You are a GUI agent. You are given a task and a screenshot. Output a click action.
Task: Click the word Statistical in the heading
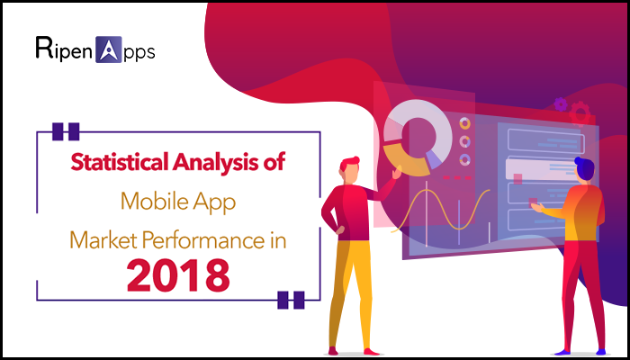(121, 166)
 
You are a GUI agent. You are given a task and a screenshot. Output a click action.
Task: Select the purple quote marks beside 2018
(290, 300)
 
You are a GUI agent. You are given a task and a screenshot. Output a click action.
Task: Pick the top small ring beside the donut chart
(464, 123)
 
